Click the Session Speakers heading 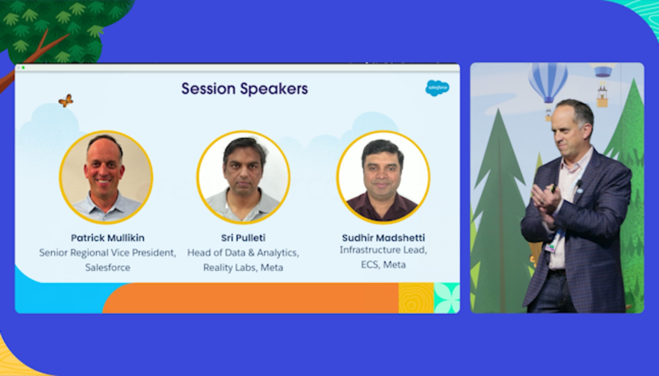[244, 89]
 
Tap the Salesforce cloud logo [437, 88]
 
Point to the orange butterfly [66, 101]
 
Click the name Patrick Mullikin [108, 238]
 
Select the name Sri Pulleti [243, 238]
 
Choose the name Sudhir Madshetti [383, 238]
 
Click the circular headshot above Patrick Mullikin [106, 178]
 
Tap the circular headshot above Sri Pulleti [243, 178]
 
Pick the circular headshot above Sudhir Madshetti [383, 178]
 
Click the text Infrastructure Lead [383, 250]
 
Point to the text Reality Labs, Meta [243, 268]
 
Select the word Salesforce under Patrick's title [108, 268]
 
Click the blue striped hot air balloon [548, 83]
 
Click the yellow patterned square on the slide [416, 298]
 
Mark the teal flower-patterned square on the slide [447, 298]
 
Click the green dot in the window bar [23, 67]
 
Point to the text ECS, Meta [383, 265]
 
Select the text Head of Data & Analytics [243, 253]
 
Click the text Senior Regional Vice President [108, 253]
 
